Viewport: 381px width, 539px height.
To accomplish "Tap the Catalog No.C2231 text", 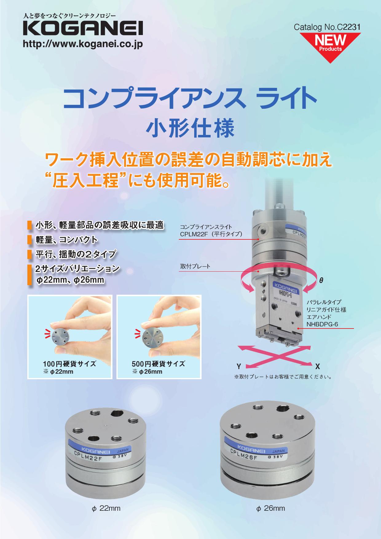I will coord(327,27).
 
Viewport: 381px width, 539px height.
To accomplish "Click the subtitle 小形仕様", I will coord(190,128).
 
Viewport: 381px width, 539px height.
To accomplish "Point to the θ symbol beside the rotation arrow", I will coord(321,280).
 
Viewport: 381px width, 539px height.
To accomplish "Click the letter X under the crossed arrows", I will coord(318,366).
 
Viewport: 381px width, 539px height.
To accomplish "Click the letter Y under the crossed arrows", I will coord(238,366).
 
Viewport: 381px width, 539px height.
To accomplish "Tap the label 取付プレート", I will coord(195,266).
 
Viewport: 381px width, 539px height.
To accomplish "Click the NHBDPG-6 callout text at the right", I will coord(322,324).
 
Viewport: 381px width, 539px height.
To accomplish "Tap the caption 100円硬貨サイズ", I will coord(69,364).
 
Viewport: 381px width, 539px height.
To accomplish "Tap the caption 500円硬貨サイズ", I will coord(159,364).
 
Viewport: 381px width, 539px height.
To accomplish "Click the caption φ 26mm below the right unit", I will coord(270,508).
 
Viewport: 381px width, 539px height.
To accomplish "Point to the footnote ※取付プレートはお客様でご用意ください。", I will coord(283,376).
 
